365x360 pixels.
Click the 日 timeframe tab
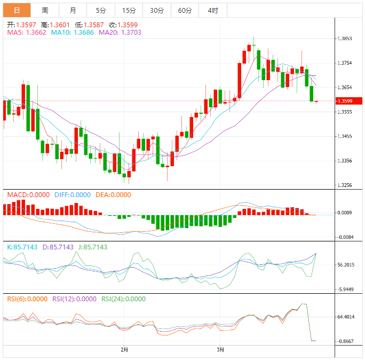[x=17, y=10]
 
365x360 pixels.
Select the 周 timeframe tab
[x=45, y=10]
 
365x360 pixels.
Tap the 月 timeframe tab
[x=73, y=10]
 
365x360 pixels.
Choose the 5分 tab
[x=101, y=10]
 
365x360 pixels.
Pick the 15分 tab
[x=129, y=10]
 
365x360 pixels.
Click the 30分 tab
[x=157, y=10]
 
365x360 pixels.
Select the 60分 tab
[x=185, y=10]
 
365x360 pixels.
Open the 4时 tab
[x=212, y=10]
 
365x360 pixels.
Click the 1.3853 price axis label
[x=345, y=38]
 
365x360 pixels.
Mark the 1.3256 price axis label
[x=345, y=185]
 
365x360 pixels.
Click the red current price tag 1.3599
[x=347, y=101]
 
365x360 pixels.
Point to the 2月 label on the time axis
[x=124, y=350]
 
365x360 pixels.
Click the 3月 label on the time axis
[x=221, y=350]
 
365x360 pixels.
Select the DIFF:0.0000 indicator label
[x=73, y=195]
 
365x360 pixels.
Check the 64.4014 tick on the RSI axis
[x=346, y=317]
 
